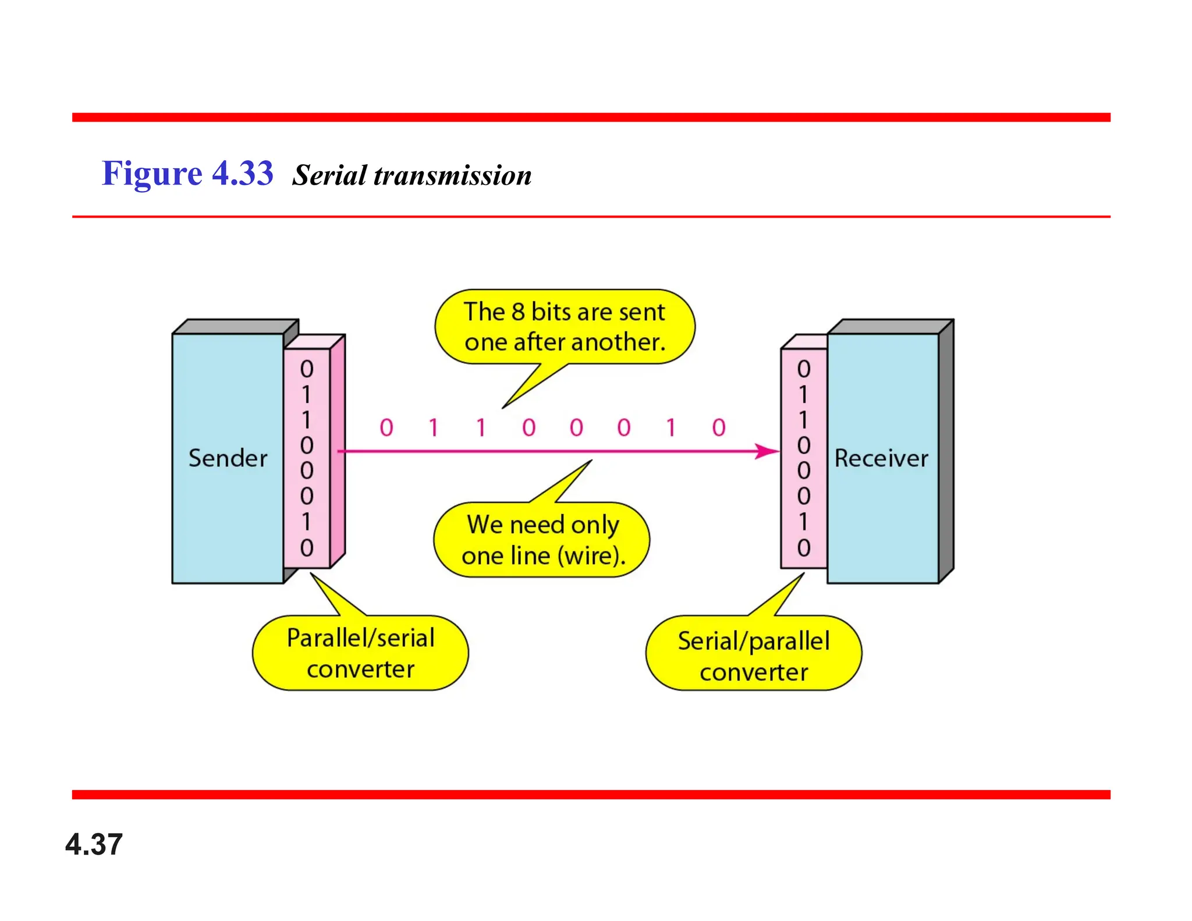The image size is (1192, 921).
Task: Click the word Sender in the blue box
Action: [x=228, y=458]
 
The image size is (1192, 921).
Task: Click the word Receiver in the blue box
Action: [x=881, y=458]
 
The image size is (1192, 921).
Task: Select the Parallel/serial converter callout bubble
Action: [x=360, y=653]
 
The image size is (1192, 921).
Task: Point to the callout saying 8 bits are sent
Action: [x=564, y=327]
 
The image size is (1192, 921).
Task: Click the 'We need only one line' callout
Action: [x=542, y=540]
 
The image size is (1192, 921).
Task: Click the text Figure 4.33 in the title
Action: [x=187, y=173]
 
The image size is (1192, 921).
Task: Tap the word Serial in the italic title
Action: [x=329, y=175]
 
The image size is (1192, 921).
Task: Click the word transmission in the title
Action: [x=452, y=175]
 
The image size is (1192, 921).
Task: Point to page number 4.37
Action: [x=94, y=844]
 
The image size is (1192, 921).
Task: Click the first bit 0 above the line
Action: [x=386, y=428]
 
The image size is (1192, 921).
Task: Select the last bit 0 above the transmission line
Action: [x=719, y=428]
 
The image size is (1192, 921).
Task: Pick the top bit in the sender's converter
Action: [x=307, y=369]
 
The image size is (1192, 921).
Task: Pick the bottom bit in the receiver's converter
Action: [x=804, y=548]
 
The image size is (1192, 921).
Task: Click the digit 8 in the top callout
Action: [x=518, y=312]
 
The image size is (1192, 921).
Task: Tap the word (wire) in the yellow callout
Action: [x=591, y=555]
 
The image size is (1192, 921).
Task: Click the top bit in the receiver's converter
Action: [x=804, y=369]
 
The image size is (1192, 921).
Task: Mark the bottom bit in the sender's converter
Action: [x=307, y=548]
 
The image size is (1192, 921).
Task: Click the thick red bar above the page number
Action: [x=591, y=795]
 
